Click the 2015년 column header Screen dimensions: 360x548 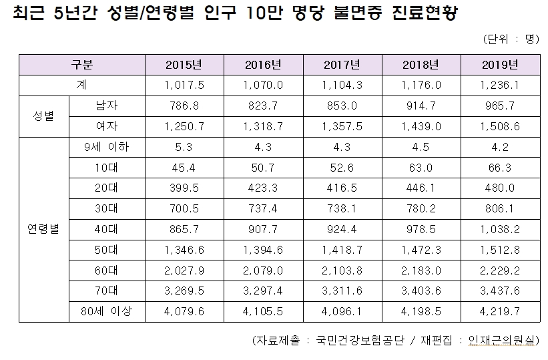[x=183, y=65]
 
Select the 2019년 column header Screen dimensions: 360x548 [x=500, y=65]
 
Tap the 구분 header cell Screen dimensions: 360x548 [x=83, y=65]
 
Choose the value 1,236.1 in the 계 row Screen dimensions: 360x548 [x=500, y=85]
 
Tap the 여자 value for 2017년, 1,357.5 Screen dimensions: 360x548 [x=342, y=126]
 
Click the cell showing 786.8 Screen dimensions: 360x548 [x=183, y=104]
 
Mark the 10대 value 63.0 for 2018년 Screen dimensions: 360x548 [x=421, y=168]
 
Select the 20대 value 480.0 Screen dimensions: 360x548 [x=500, y=188]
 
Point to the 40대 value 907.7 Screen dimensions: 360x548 [x=264, y=229]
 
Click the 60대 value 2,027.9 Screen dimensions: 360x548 [x=183, y=270]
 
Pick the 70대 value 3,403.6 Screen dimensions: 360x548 [x=421, y=291]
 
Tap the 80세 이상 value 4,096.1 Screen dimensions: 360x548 [x=342, y=311]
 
